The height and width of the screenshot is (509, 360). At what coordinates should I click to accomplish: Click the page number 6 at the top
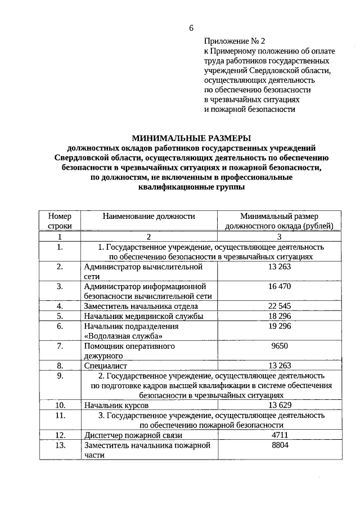[x=191, y=28]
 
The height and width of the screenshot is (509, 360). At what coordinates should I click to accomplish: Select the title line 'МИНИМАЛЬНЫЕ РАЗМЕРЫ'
[x=191, y=138]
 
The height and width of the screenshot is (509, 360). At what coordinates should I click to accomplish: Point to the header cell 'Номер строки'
[x=60, y=220]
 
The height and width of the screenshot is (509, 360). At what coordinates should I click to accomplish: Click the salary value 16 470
[x=280, y=286]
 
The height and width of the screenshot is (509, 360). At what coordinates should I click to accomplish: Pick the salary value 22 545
[x=280, y=306]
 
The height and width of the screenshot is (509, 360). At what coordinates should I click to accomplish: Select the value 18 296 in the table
[x=280, y=316]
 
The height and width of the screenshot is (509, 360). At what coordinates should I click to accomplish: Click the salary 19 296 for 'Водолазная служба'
[x=280, y=326]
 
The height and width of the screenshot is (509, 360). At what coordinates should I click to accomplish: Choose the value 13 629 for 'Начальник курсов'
[x=280, y=405]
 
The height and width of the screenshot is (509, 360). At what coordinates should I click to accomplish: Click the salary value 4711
[x=280, y=435]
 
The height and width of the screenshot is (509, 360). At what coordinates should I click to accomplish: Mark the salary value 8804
[x=280, y=445]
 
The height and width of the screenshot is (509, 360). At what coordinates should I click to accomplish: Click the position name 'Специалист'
[x=105, y=366]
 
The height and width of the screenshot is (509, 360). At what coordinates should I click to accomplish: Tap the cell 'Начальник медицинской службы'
[x=143, y=316]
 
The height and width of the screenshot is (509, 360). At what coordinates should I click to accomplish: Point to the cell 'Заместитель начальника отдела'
[x=141, y=306]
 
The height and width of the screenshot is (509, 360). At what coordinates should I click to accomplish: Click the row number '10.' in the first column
[x=60, y=405]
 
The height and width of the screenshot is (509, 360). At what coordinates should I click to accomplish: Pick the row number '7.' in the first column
[x=60, y=346]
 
